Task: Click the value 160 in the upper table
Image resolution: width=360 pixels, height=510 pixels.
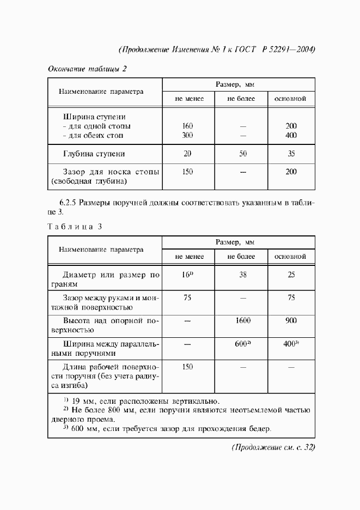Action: click(188, 126)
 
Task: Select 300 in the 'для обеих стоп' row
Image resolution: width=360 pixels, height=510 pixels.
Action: click(188, 135)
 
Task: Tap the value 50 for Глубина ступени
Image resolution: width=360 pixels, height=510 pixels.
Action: click(242, 154)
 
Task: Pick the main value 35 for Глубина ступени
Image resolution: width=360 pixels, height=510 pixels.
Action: click(291, 154)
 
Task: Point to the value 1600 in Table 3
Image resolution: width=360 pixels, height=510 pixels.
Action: click(242, 321)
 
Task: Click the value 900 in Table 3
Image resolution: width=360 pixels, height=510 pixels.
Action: click(291, 321)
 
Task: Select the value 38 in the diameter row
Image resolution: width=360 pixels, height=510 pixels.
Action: click(242, 275)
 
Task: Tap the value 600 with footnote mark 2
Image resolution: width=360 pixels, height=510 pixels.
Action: click(242, 344)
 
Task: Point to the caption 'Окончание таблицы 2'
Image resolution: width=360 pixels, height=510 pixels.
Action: click(87, 69)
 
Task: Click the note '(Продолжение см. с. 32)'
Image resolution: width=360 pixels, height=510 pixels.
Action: click(273, 447)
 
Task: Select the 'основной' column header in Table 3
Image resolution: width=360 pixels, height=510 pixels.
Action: click(290, 256)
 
